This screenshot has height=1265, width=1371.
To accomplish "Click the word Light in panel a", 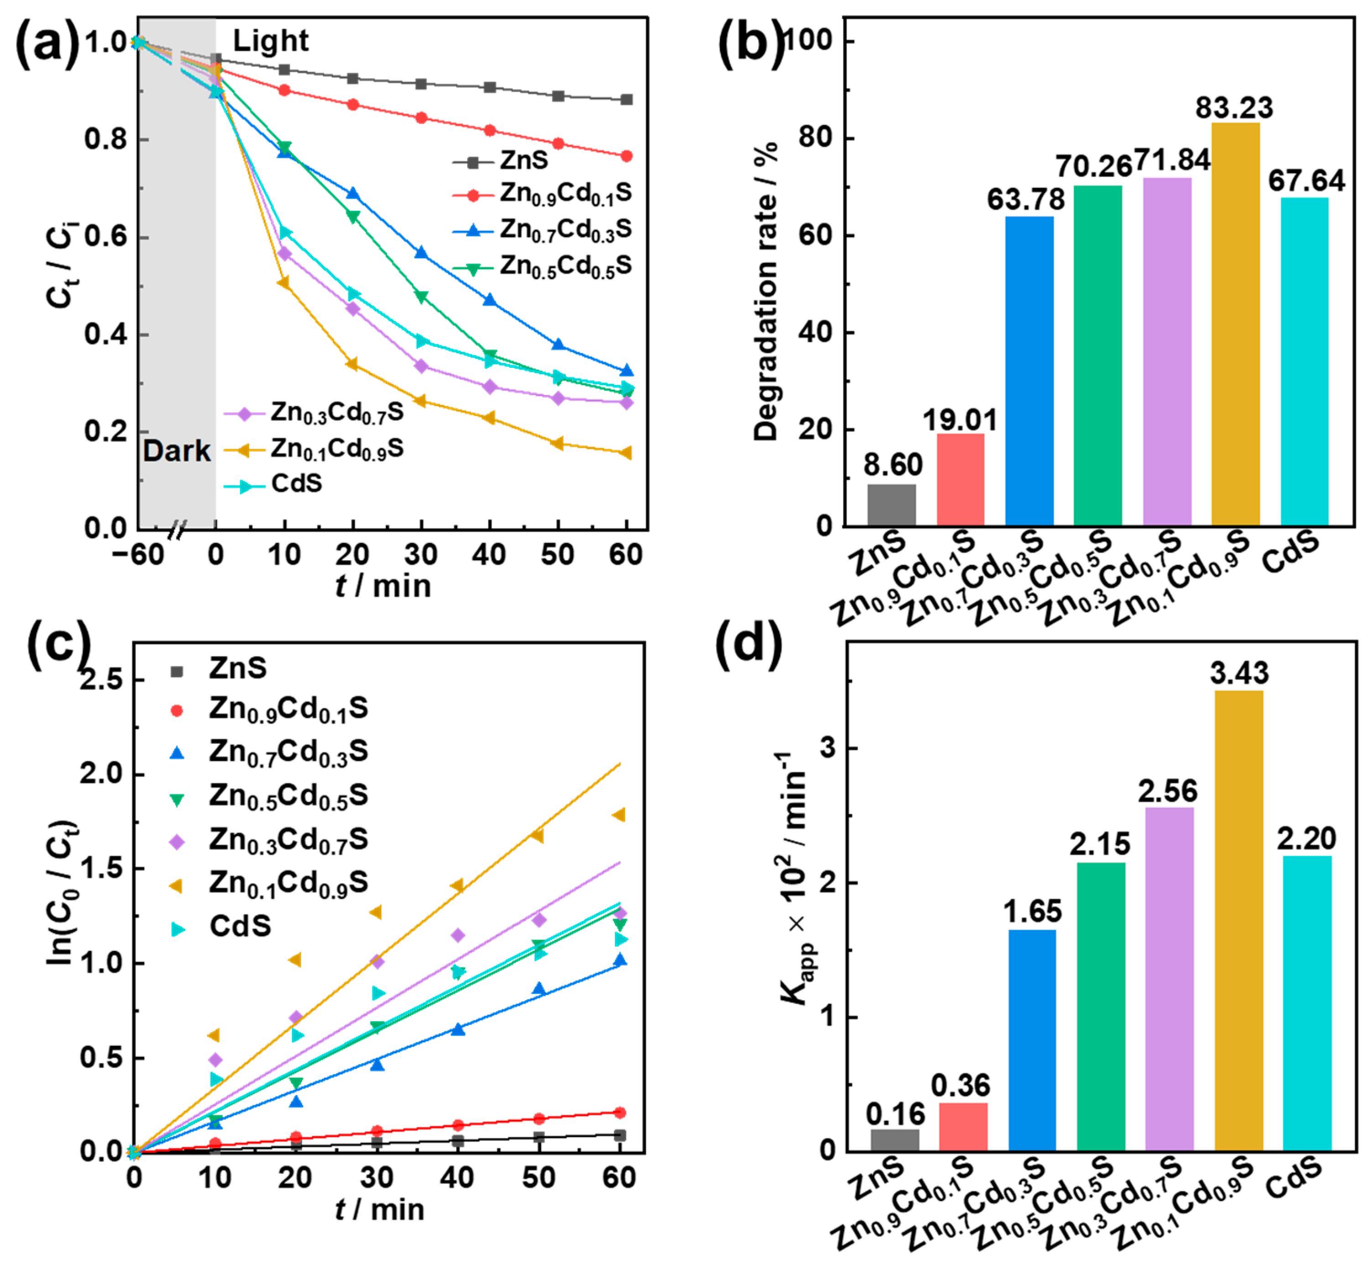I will tap(271, 41).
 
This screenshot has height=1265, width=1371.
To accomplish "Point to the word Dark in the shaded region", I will tap(177, 451).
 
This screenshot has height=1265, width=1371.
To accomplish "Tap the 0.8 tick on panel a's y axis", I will tap(105, 139).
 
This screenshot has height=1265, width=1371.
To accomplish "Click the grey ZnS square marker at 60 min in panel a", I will tap(626, 100).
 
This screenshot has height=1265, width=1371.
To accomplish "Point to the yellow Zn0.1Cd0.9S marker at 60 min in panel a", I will tap(626, 453).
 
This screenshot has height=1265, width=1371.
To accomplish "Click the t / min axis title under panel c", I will tap(380, 1209).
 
